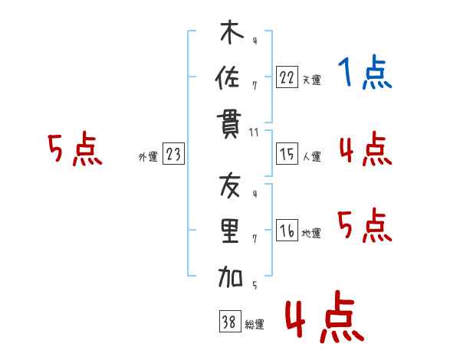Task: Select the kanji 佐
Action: tap(230, 77)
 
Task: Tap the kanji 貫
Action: tap(230, 123)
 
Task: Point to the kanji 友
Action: tap(230, 187)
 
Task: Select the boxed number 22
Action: tap(287, 77)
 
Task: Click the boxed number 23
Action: tap(174, 155)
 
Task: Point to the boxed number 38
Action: tap(228, 322)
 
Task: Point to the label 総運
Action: tap(255, 325)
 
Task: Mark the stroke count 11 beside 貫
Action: tap(254, 132)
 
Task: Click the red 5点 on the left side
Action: tap(75, 149)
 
